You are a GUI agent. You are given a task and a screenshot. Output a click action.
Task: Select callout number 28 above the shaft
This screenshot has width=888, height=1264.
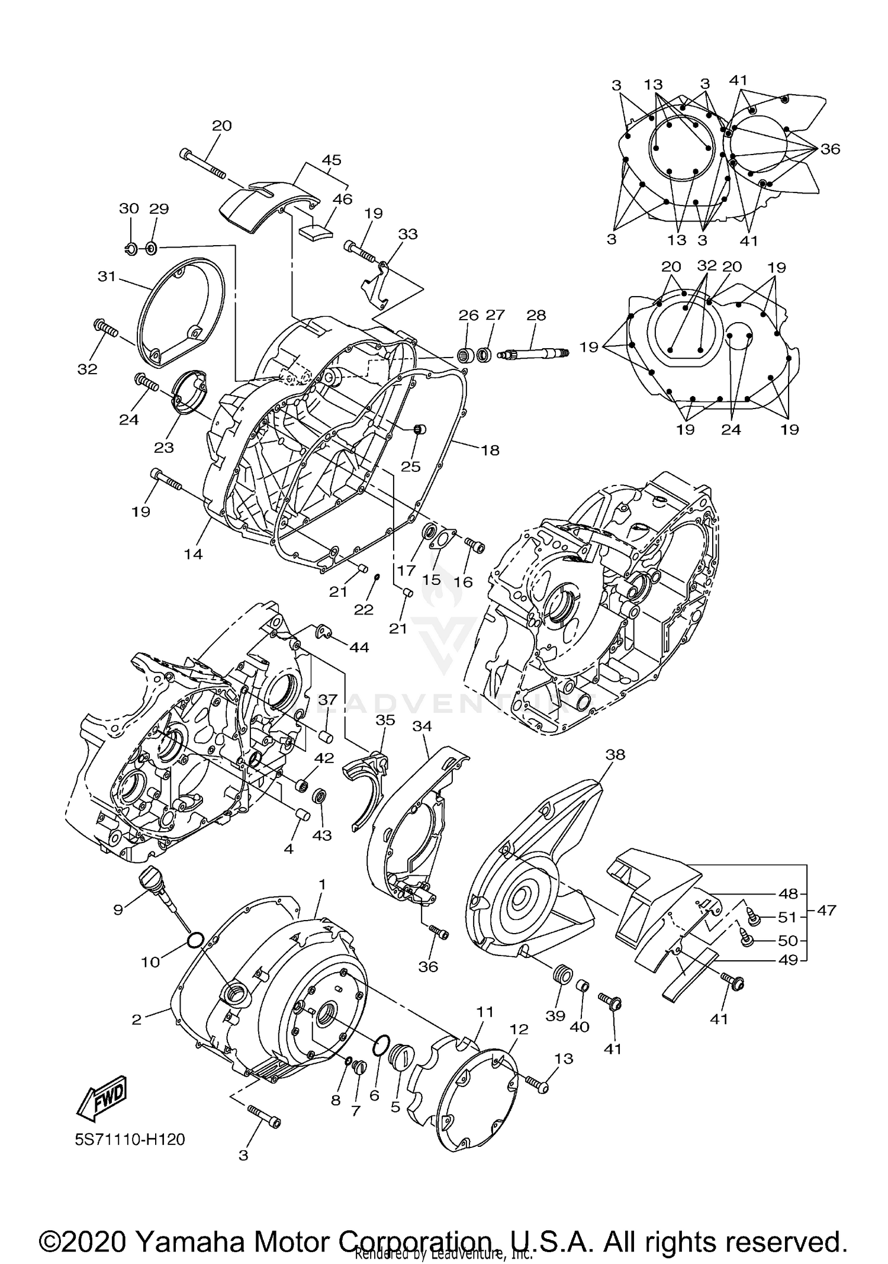536,315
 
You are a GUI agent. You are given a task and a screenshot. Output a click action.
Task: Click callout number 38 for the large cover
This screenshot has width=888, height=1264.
615,755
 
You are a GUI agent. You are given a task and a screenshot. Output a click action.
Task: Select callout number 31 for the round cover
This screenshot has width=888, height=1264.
107,276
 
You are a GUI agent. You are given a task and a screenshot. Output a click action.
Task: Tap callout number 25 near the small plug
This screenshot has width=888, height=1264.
410,467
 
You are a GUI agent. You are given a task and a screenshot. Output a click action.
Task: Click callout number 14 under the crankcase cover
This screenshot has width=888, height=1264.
193,554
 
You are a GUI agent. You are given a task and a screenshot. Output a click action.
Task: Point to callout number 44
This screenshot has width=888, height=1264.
359,648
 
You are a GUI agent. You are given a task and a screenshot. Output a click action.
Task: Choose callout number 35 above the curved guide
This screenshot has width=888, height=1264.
385,720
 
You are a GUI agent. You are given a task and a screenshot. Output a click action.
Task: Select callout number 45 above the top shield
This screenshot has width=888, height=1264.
332,160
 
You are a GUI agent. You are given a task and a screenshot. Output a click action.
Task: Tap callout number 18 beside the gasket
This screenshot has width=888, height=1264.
490,450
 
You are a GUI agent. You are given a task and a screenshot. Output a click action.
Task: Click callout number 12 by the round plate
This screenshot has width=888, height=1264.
518,1030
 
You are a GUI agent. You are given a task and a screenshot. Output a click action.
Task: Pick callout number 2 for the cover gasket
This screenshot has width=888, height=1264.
136,1019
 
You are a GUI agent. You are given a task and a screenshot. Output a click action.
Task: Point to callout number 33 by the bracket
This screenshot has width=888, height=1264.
408,234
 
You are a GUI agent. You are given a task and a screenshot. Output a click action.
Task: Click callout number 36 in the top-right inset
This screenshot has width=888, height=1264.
830,149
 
